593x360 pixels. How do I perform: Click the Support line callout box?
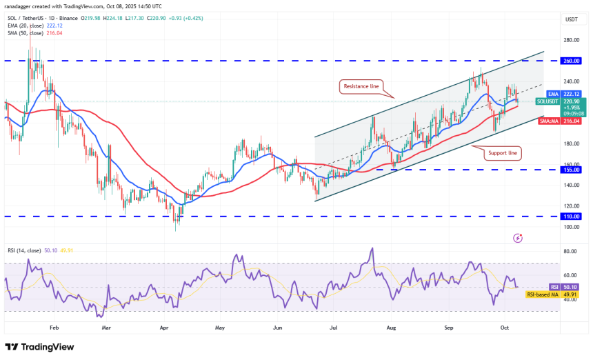(x=502, y=152)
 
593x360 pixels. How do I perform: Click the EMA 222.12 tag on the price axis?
(x=567, y=94)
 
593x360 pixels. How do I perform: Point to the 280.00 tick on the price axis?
(x=570, y=40)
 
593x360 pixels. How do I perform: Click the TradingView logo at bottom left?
(x=39, y=347)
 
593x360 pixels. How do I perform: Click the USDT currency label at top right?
(x=570, y=20)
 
